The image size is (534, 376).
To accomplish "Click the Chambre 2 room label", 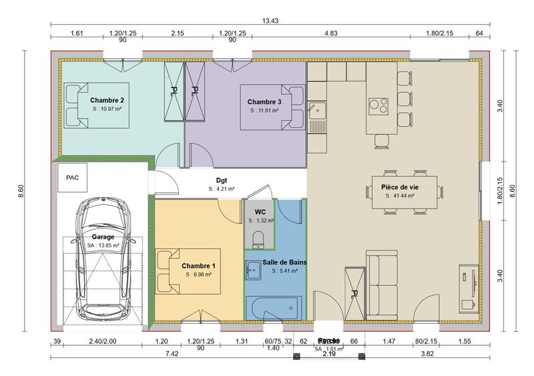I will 107,100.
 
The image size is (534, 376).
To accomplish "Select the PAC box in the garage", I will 71,179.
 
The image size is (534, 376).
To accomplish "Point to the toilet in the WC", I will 260,238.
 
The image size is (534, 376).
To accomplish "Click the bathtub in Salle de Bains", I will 273,309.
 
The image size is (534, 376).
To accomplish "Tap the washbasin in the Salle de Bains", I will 254,270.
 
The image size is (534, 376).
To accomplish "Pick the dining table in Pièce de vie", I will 406,192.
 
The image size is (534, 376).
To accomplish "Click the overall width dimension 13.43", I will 270,21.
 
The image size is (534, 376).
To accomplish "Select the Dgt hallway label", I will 222,180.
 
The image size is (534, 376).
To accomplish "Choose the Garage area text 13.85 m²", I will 103,245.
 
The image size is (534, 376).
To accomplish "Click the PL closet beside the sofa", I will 355,293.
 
